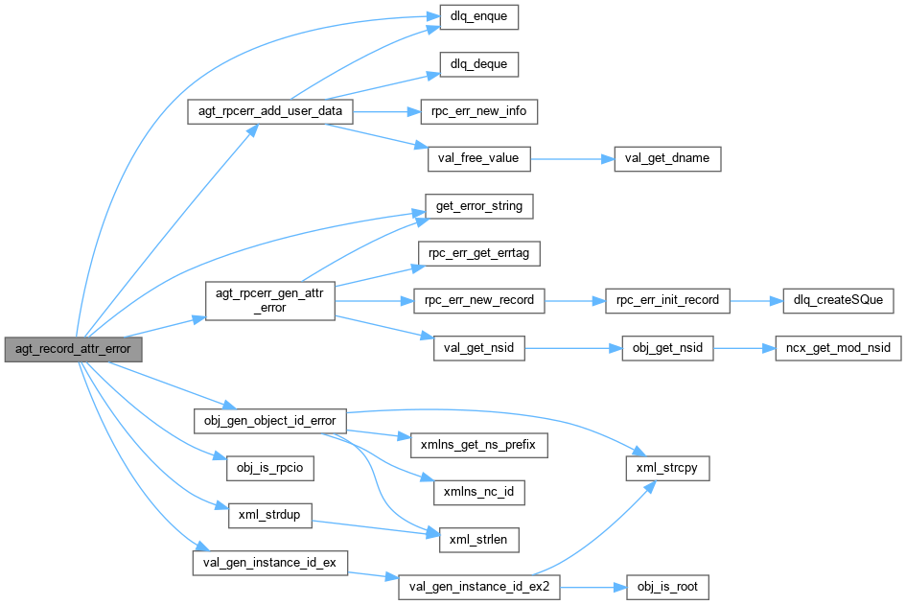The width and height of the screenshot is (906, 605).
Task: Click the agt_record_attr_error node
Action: point(73,350)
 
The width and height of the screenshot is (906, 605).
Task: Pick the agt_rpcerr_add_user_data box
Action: point(269,112)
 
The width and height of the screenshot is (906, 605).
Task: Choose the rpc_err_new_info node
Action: point(478,112)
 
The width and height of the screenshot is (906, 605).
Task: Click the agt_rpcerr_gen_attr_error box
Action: point(269,300)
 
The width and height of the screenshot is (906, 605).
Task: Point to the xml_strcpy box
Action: point(666,468)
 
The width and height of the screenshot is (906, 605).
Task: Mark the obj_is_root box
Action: point(666,585)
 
